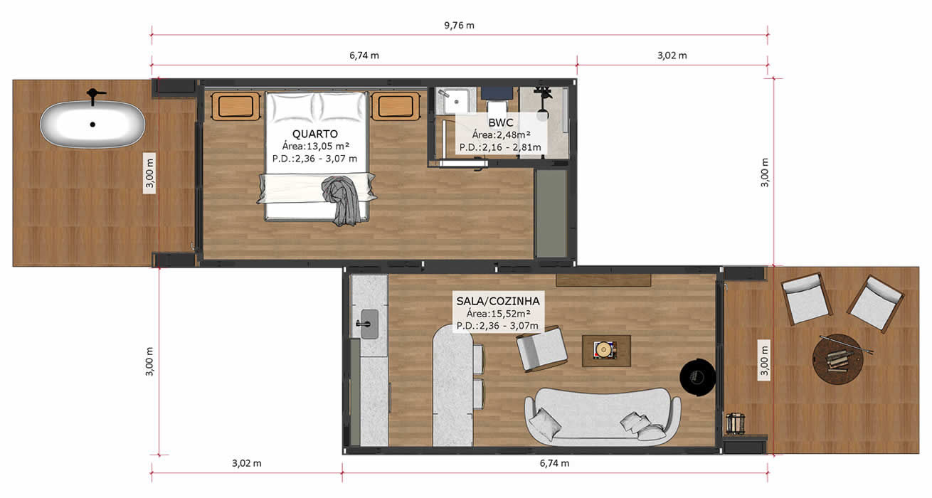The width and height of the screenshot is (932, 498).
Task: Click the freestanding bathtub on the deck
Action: [x=92, y=124]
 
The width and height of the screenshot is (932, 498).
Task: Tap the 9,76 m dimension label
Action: [x=459, y=26]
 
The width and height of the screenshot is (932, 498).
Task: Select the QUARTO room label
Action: [x=315, y=134]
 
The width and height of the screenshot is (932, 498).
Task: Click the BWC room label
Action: [x=501, y=123]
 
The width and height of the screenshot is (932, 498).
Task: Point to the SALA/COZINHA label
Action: [x=498, y=301]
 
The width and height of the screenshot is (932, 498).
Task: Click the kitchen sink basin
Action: [x=369, y=324]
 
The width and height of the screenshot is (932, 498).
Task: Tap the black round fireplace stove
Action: [x=697, y=378]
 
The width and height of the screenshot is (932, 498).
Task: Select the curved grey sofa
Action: [x=603, y=416]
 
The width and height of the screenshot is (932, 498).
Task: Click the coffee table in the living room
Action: [x=606, y=351]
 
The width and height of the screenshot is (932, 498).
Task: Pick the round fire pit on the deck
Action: [x=837, y=359]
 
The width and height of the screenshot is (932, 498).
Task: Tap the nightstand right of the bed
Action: [x=396, y=106]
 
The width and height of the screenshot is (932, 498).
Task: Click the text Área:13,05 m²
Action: [x=315, y=146]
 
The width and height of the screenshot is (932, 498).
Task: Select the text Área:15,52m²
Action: [x=498, y=314]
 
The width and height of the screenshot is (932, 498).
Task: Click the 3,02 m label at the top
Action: [x=672, y=55]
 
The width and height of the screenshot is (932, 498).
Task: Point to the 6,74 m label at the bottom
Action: [x=554, y=463]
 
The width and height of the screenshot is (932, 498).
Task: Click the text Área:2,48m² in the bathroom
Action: [x=501, y=134]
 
